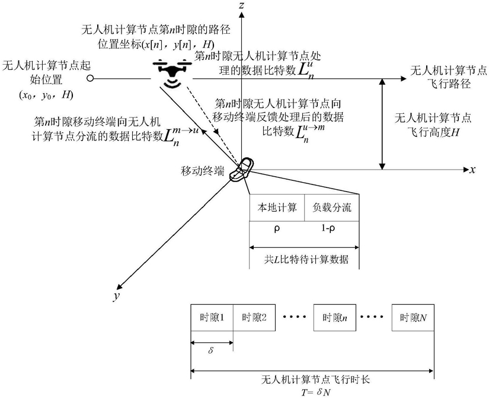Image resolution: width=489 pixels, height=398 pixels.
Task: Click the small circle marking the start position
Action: tap(90, 79)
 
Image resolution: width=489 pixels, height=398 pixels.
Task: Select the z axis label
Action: tap(241, 5)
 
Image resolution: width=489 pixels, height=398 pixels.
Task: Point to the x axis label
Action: tap(473, 170)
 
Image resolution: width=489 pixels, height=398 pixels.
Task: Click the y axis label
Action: tap(116, 295)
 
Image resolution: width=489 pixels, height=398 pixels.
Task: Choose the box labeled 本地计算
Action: tap(277, 208)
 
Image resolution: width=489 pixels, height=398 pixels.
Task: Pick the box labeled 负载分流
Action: tap(332, 208)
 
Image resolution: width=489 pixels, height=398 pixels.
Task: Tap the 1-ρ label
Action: tap(328, 228)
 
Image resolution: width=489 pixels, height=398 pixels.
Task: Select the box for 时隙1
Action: tap(212, 317)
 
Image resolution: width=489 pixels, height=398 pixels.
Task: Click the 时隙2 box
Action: tap(254, 317)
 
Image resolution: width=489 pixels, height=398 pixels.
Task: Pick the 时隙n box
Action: tap(335, 317)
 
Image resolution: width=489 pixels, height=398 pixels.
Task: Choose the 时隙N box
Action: tap(413, 317)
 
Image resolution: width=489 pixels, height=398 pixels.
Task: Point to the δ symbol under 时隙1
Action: tap(211, 350)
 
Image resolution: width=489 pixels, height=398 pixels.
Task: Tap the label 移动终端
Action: tap(202, 171)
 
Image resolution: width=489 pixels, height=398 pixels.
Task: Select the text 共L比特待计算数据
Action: tap(306, 259)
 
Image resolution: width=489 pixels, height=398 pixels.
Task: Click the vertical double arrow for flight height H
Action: tap(382, 124)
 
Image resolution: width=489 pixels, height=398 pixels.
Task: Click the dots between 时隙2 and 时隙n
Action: tap(295, 317)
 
